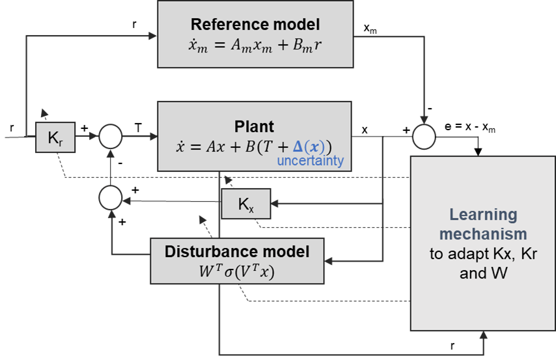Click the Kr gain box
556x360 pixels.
coord(55,137)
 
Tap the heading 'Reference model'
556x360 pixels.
coord(255,25)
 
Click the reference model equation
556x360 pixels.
coord(255,46)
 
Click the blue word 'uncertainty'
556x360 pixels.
coord(309,160)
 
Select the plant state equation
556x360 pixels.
coord(255,145)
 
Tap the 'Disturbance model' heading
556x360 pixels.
coord(237,251)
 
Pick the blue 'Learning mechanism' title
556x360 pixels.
coord(482,223)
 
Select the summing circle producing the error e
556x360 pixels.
coord(424,137)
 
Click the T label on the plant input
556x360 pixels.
coord(138,128)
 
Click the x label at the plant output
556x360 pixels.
coord(364,129)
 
